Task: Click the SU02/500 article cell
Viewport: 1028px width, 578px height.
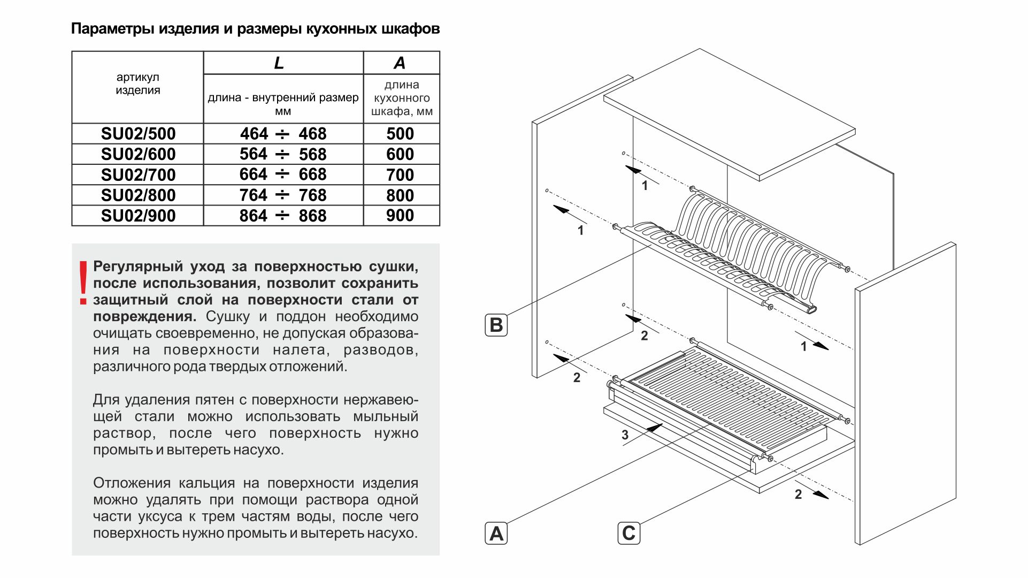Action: point(138,134)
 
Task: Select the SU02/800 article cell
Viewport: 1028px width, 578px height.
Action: point(138,195)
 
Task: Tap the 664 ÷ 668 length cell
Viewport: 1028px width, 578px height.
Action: point(283,174)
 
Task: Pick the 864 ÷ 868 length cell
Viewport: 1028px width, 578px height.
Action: point(283,216)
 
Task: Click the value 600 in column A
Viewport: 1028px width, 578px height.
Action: point(400,154)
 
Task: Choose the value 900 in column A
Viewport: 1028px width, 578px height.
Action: point(400,216)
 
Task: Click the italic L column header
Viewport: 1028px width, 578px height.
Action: point(279,63)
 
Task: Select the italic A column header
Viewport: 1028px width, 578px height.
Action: point(400,63)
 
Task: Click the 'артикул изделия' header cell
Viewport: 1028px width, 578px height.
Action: point(137,84)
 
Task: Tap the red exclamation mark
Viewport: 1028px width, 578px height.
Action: point(83,283)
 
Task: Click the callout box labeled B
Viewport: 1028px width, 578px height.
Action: point(496,325)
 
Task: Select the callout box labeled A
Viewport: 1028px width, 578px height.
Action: point(496,534)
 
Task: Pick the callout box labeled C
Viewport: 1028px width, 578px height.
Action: point(628,533)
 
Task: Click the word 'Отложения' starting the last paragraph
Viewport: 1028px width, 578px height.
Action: point(132,483)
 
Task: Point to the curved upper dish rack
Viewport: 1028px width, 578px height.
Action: point(749,241)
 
